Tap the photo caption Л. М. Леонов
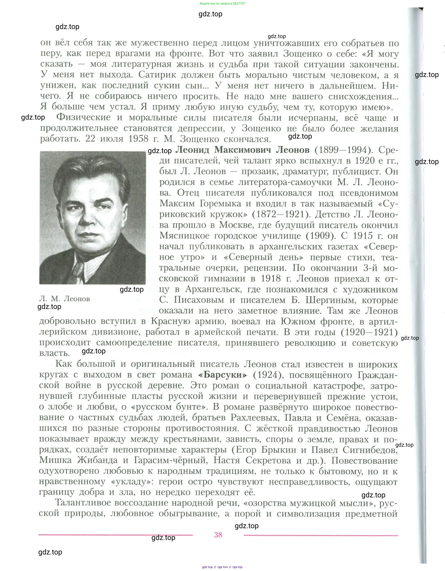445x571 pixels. (x=65, y=299)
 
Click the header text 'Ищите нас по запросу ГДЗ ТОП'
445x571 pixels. (x=222, y=3)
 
